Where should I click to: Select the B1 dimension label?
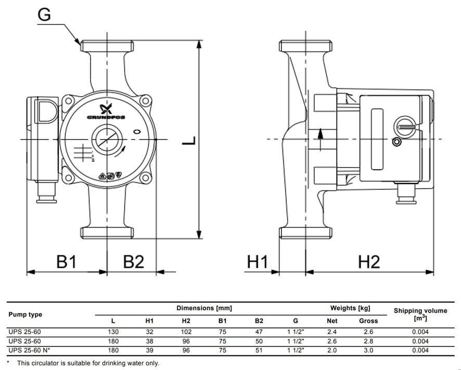67,262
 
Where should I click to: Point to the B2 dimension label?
133,262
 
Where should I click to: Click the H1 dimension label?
257,262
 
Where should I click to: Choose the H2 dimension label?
369,262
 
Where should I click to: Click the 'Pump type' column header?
25,314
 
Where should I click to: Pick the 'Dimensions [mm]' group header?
204,308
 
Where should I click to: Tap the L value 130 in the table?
113,331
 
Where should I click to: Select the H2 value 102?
186,331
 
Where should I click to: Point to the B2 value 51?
259,350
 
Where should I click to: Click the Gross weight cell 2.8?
368,341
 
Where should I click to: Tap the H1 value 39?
149,350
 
